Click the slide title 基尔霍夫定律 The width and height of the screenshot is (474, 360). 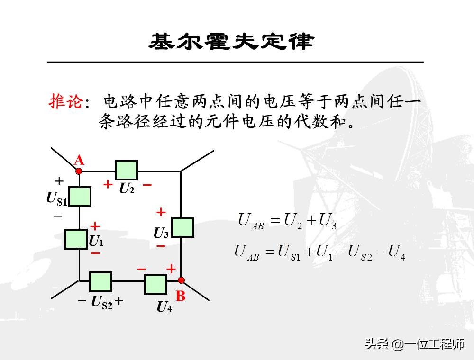[232, 42]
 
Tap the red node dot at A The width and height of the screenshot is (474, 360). [79, 171]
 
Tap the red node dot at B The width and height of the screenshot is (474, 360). [181, 280]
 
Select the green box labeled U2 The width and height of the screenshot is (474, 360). [127, 170]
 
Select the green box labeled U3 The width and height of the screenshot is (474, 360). [182, 227]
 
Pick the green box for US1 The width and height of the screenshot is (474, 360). [80, 197]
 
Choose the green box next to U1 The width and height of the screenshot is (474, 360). [76, 239]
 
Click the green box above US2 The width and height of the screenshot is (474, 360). [100, 282]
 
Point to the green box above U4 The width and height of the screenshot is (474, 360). [156, 284]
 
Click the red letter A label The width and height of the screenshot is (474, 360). [79, 160]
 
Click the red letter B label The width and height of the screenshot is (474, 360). [181, 297]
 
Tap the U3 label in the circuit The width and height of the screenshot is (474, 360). [161, 233]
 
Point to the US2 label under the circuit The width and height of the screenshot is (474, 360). [102, 301]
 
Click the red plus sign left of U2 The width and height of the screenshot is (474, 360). [108, 184]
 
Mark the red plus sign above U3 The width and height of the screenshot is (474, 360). [161, 212]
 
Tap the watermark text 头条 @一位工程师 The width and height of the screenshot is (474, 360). [414, 344]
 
